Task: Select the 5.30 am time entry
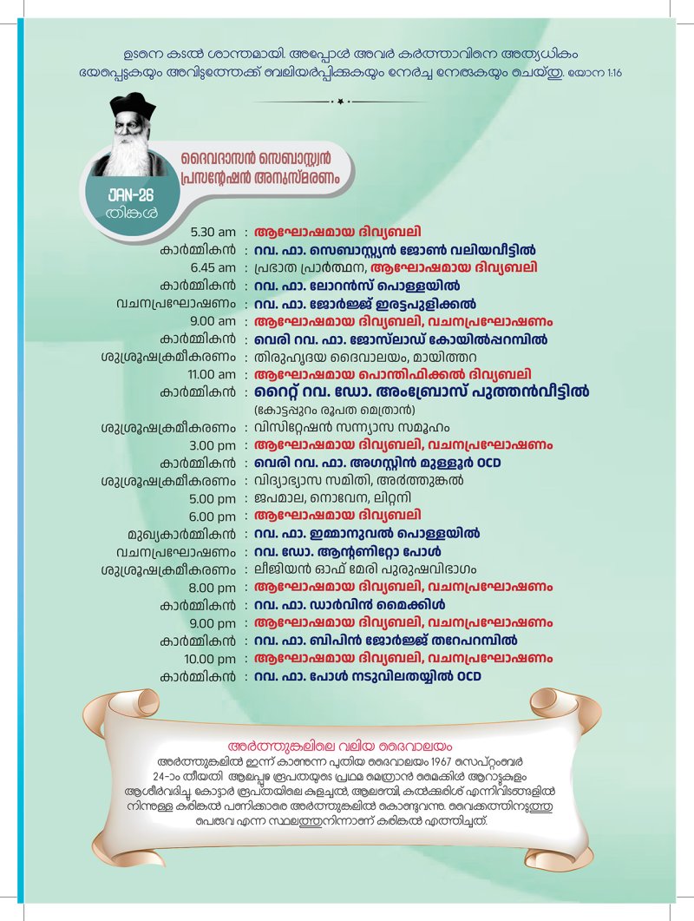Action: [213, 232]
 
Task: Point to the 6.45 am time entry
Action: [213, 267]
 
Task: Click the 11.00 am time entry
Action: [210, 374]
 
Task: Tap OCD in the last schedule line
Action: [468, 676]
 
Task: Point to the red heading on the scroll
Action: [347, 746]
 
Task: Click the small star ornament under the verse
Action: [340, 102]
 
